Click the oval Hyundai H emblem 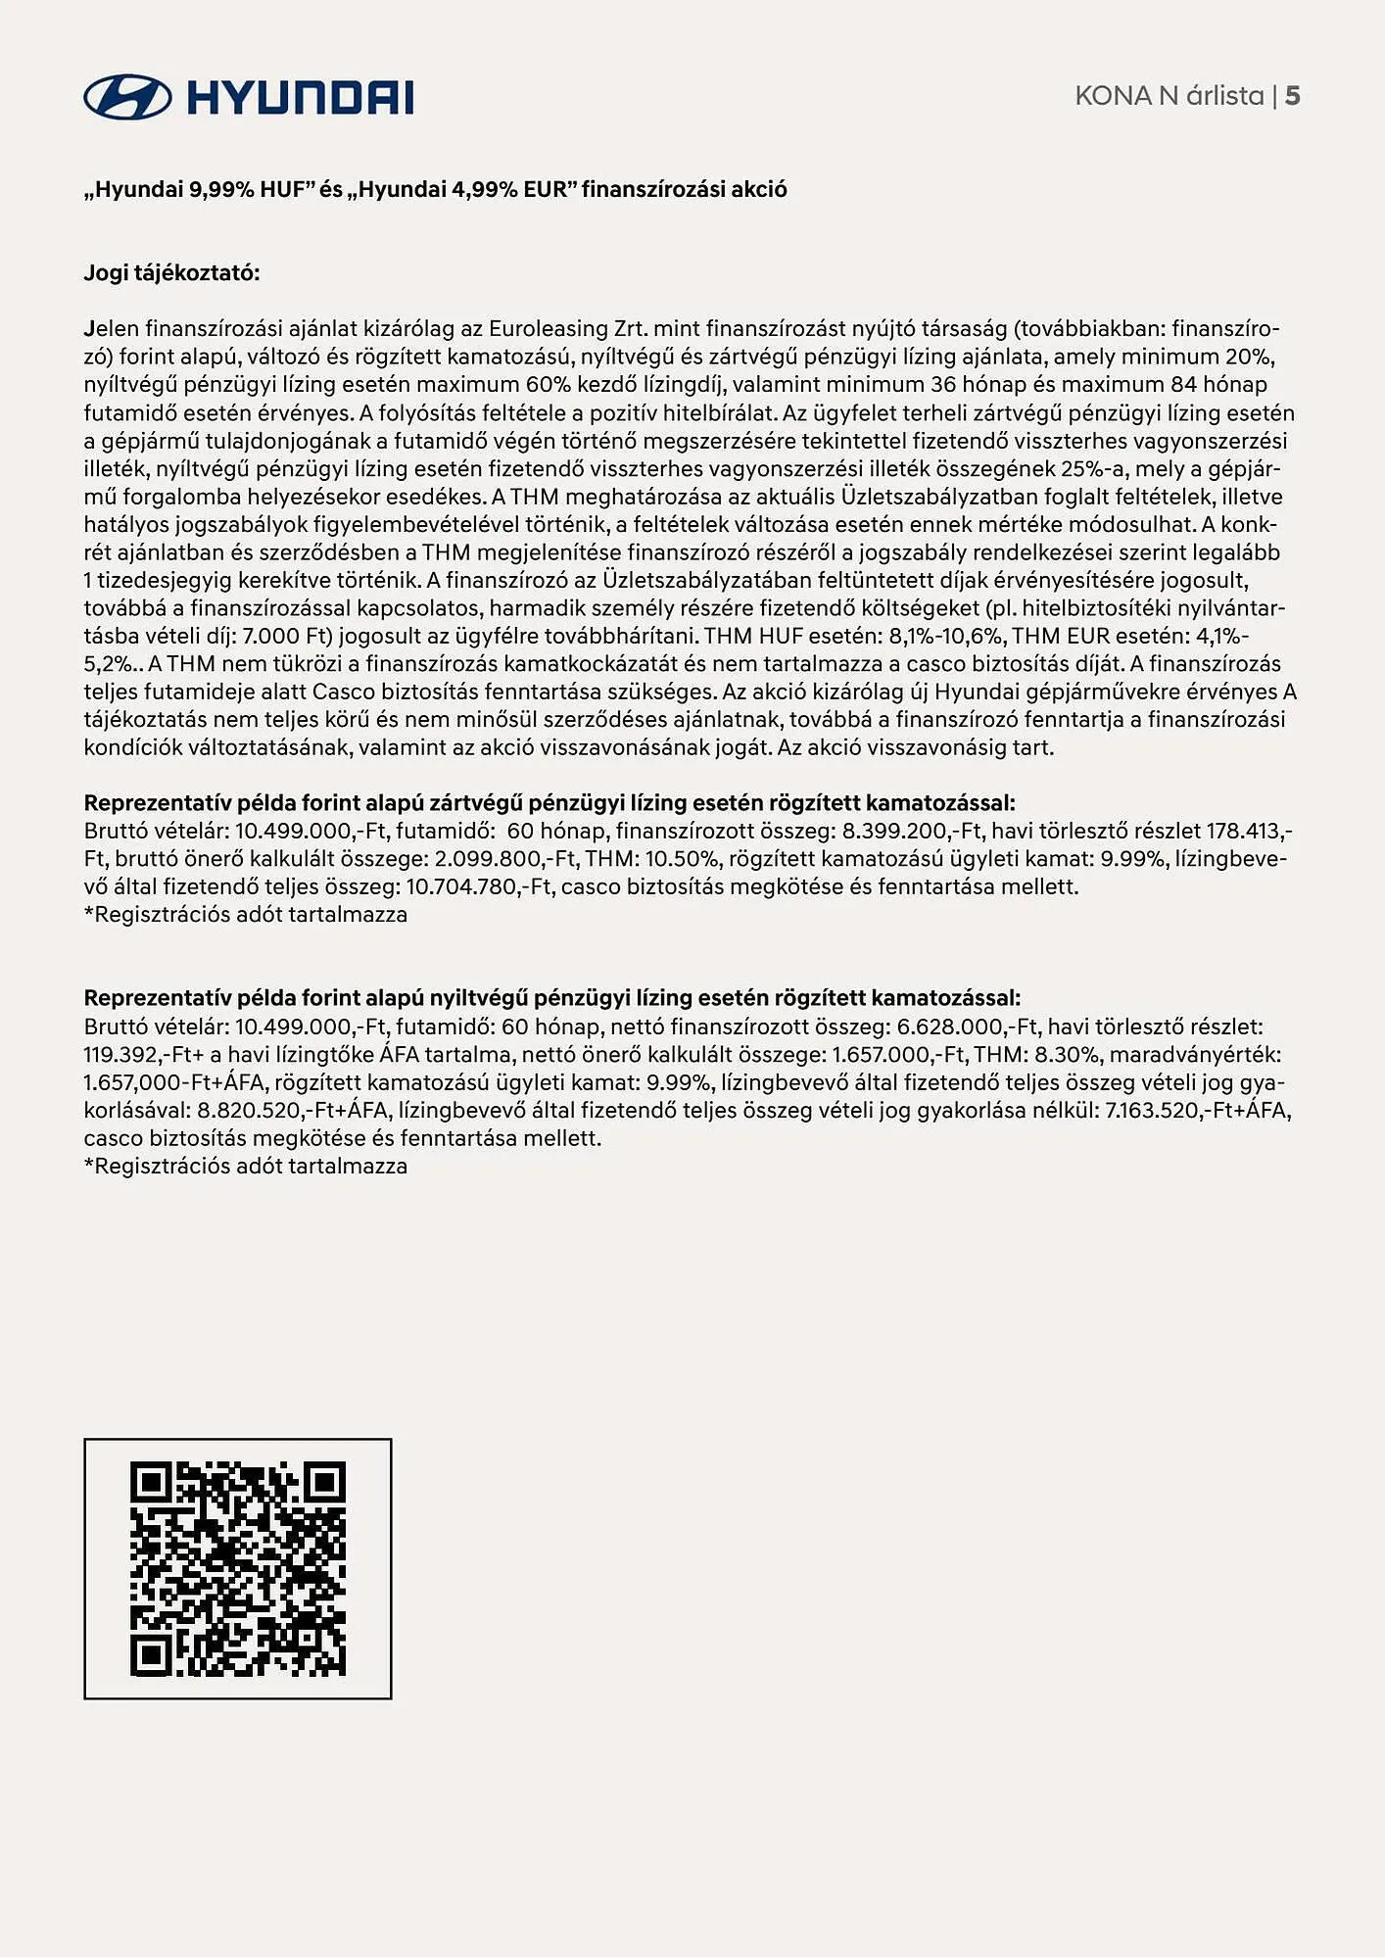pyautogui.click(x=127, y=97)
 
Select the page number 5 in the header pyautogui.click(x=1292, y=96)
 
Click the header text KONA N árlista pyautogui.click(x=1170, y=96)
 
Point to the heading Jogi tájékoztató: pyautogui.click(x=171, y=273)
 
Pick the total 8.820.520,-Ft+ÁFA pyautogui.click(x=293, y=1111)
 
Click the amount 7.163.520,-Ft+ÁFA pyautogui.click(x=1197, y=1111)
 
